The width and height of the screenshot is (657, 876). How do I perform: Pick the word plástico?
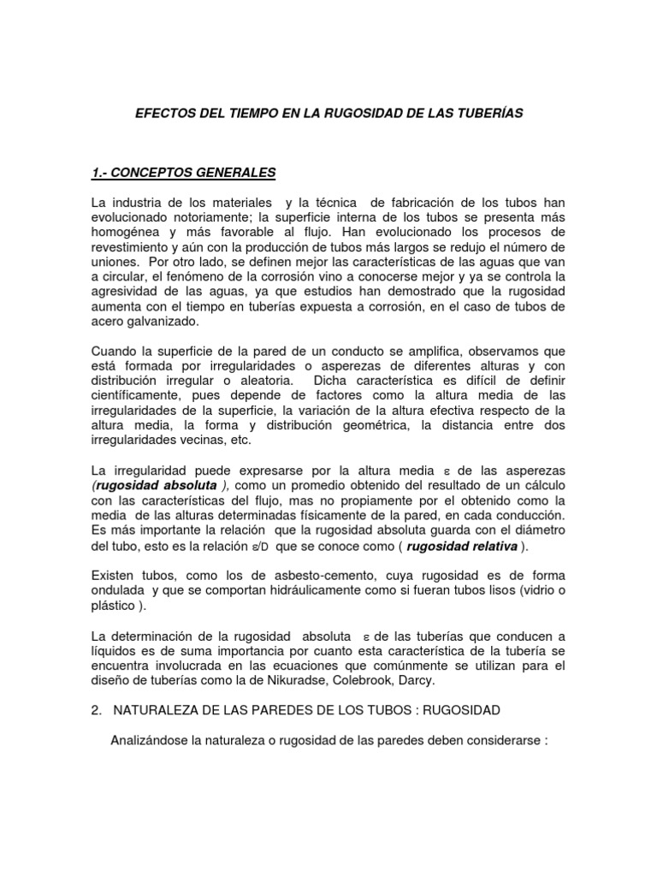click(113, 605)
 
